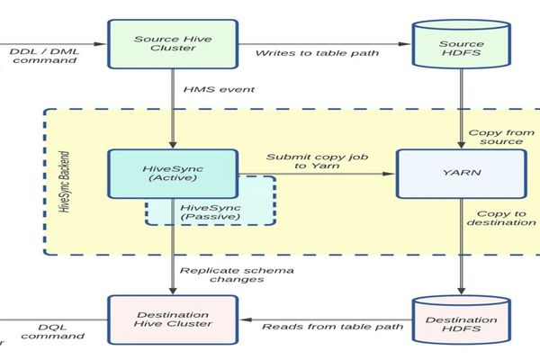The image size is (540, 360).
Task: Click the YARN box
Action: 461,172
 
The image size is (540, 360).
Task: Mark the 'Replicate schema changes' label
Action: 225,274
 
